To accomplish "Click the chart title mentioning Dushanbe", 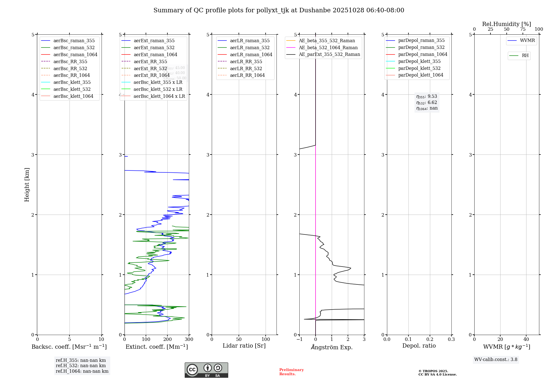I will pos(279,10).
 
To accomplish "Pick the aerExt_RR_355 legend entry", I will pos(150,61).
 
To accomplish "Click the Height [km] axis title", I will pos(27,185).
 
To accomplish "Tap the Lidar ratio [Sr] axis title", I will pos(244,346).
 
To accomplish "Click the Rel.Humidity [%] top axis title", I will pos(506,24).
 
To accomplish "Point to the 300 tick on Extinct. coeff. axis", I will pos(189,339).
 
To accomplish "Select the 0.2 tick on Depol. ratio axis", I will pos(430,339).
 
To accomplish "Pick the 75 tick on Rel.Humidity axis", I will pos(523,29).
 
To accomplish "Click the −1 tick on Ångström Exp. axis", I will pos(299,339).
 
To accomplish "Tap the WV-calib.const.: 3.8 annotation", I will pos(496,360).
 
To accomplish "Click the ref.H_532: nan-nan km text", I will pos(81,365).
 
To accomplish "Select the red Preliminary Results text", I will pos(291,372).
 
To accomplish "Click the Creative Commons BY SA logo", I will pos(206,370).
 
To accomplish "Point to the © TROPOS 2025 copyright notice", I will pos(437,373).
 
